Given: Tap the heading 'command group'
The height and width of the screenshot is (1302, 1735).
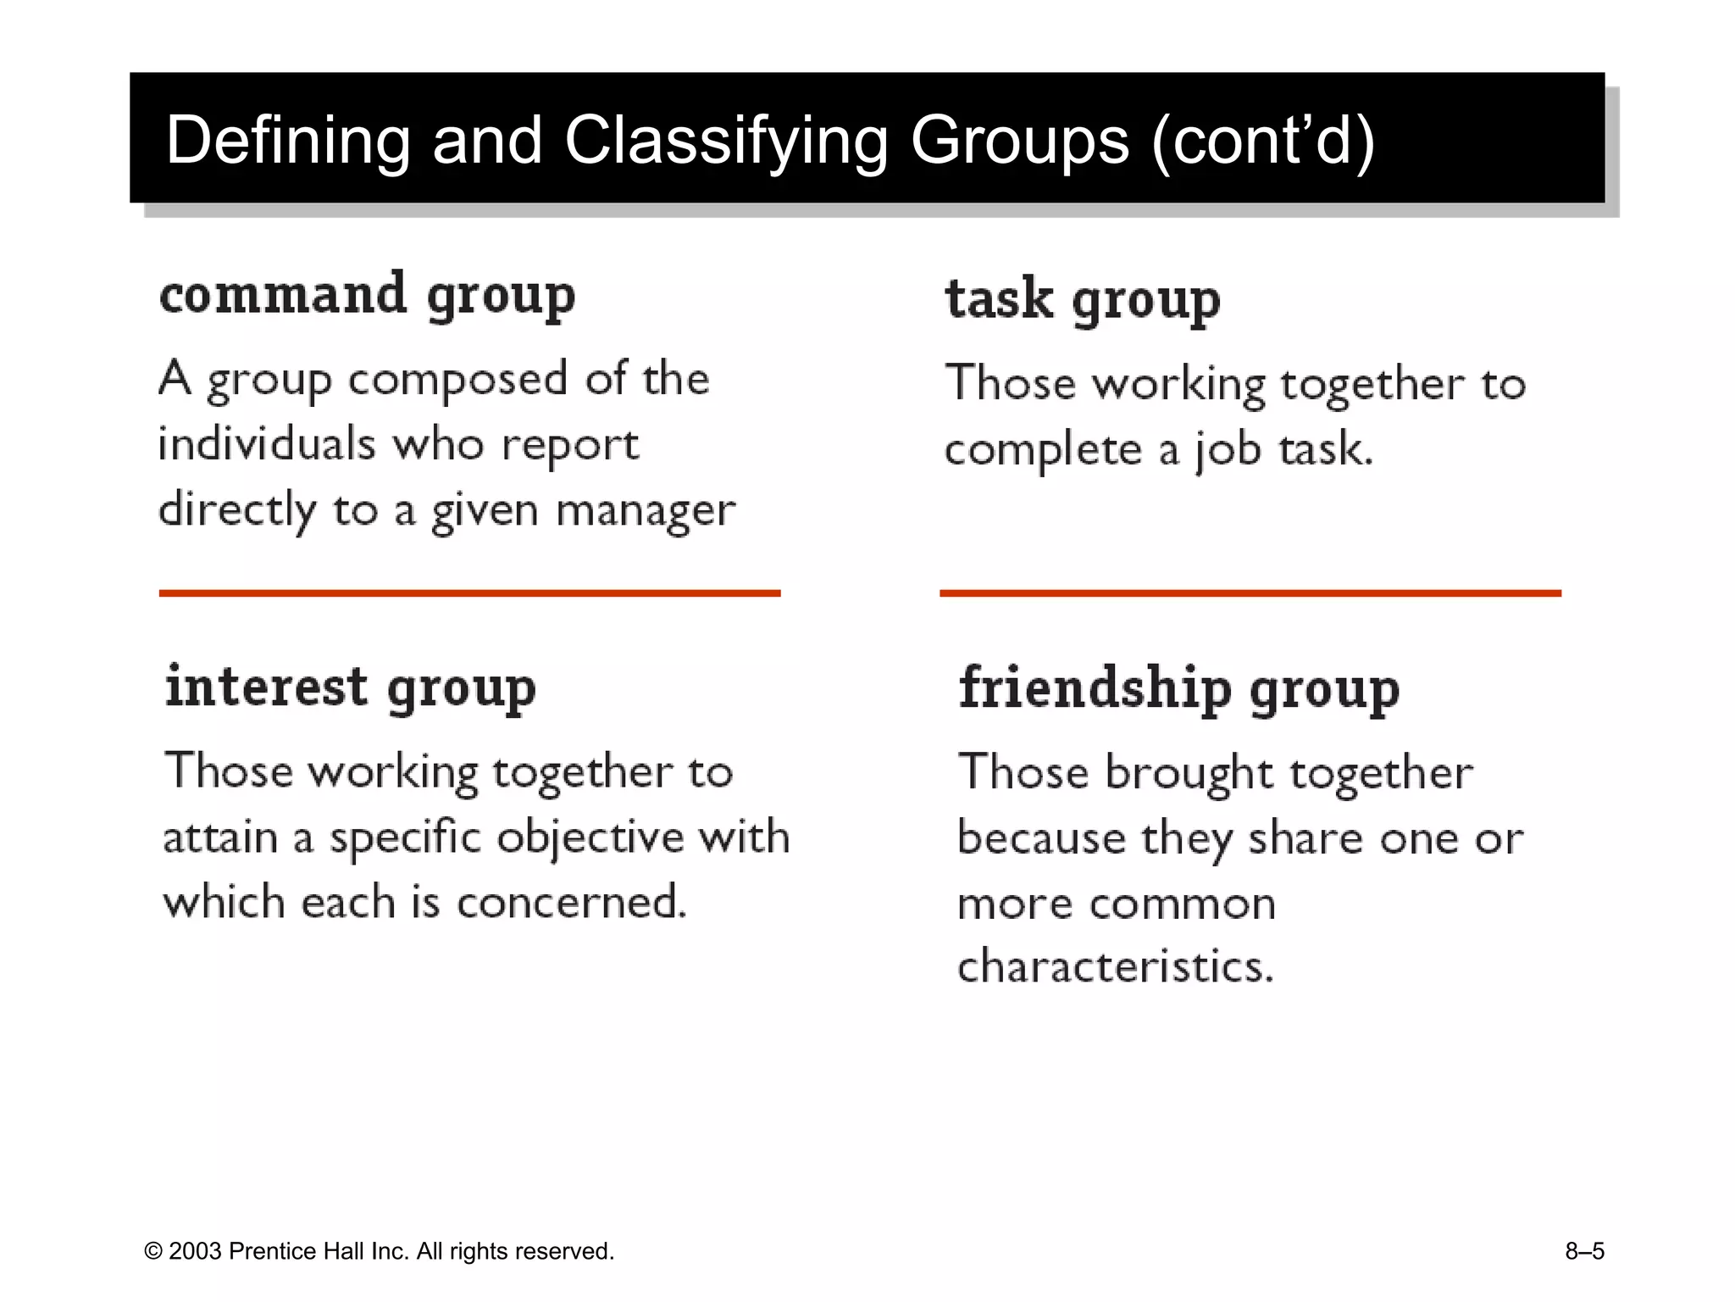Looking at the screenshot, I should coord(368,296).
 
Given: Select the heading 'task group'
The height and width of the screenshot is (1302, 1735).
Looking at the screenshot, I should coord(1083,300).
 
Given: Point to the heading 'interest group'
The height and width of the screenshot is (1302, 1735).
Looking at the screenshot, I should coord(351,688).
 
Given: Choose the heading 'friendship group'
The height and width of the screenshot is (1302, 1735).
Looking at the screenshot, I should coord(1179,688).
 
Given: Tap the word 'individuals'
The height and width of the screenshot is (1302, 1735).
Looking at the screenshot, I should coord(267,444).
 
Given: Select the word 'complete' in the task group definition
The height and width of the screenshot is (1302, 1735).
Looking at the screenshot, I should coord(1043,449).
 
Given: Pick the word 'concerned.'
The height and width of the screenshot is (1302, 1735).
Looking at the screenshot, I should coord(572,902).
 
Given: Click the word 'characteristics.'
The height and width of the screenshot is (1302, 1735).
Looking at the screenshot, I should coord(1116,966).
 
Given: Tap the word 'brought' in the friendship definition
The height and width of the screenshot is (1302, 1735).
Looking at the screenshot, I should coord(1189,773).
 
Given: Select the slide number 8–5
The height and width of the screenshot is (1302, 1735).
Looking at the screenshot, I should coord(1584,1251).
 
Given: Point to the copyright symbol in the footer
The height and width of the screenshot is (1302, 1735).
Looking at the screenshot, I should coord(153,1252).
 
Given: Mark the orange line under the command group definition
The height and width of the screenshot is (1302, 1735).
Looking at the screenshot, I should coord(469,593).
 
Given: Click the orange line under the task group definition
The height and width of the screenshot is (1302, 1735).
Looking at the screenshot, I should coord(1250,593).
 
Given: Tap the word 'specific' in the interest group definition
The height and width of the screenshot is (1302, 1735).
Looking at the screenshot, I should coord(406,837).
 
